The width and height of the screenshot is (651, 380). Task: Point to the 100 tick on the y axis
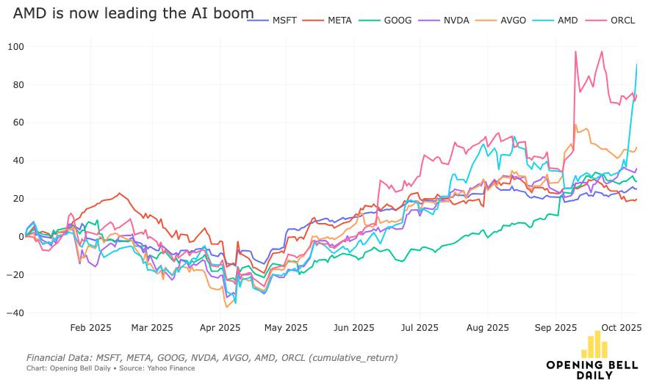coord(14,47)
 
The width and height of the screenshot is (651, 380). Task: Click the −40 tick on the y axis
coord(12,313)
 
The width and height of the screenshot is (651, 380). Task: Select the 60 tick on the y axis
coord(16,123)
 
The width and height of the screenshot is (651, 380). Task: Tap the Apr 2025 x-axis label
coord(220,328)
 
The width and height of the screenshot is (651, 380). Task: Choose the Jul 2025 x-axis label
coord(420,328)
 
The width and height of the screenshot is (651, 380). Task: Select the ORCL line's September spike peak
coord(576,51)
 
